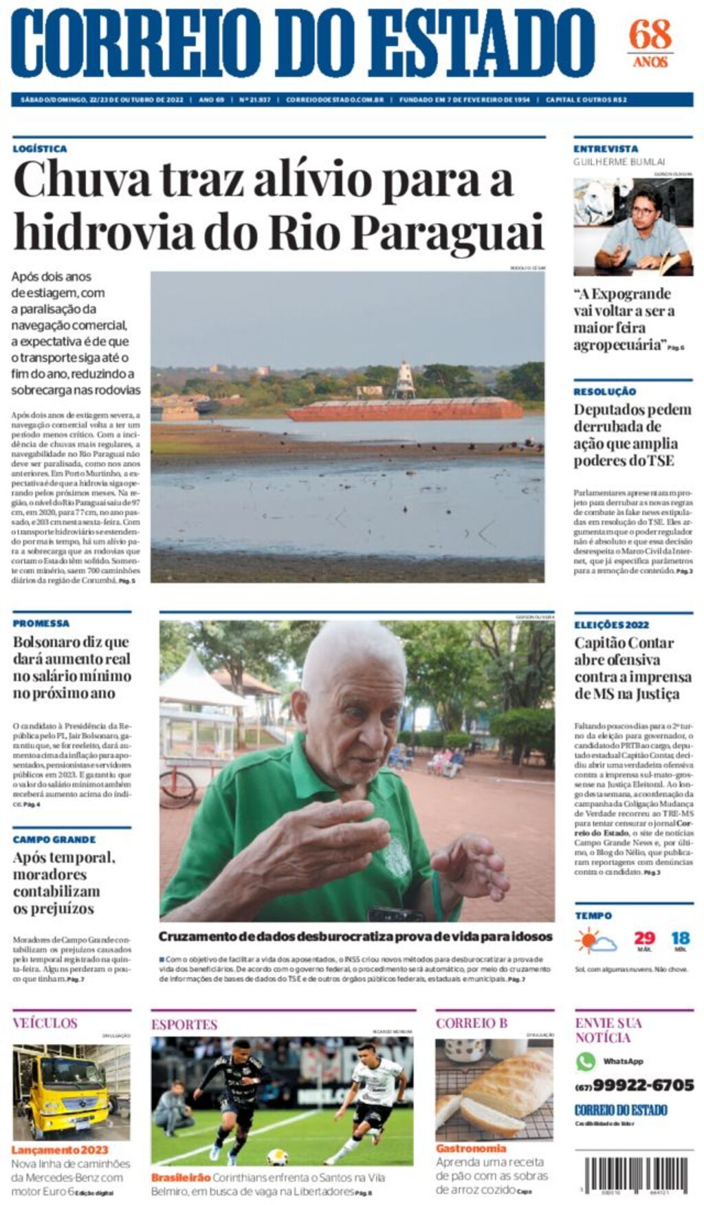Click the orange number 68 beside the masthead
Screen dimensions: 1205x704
click(x=650, y=34)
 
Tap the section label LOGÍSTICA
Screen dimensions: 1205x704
click(x=40, y=149)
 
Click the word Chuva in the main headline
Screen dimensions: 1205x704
click(x=82, y=180)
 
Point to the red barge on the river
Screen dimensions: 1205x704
click(x=405, y=410)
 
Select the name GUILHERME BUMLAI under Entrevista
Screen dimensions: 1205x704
click(x=619, y=162)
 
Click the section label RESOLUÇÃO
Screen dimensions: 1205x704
click(x=605, y=391)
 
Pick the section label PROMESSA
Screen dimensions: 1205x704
click(x=41, y=623)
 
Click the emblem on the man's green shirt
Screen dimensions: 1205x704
click(x=397, y=860)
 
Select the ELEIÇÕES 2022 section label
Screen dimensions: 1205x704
click(x=611, y=625)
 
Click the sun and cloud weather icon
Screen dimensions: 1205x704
click(x=595, y=940)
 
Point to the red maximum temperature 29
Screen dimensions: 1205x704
click(x=644, y=938)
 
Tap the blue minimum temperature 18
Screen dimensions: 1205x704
click(x=680, y=938)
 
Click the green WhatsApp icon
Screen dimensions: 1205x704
click(x=586, y=1061)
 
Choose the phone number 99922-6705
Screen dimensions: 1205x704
click(x=643, y=1085)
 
